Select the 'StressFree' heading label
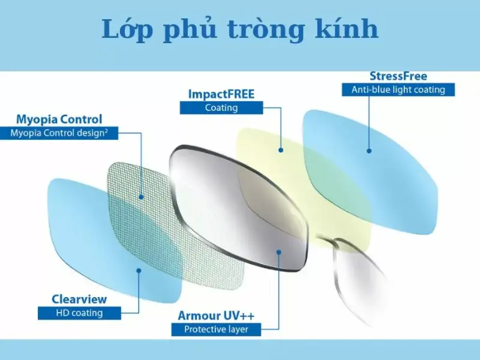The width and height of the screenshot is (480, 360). coord(398,76)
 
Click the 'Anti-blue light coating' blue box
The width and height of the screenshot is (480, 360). coord(398,90)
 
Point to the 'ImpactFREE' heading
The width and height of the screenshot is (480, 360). coord(221,94)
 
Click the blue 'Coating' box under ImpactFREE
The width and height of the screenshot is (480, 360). coord(221,108)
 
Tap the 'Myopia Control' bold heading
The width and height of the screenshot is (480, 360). coord(59,119)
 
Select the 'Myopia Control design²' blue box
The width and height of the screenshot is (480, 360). coord(59,133)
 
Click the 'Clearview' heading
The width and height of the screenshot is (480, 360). coord(79,299)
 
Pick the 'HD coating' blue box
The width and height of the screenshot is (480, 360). coord(79,313)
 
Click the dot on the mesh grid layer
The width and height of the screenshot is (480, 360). coord(141,196)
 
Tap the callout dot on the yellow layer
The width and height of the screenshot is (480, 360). coord(280,149)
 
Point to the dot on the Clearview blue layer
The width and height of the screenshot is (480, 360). coord(139,271)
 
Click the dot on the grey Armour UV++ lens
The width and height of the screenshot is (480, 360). coord(279,253)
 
